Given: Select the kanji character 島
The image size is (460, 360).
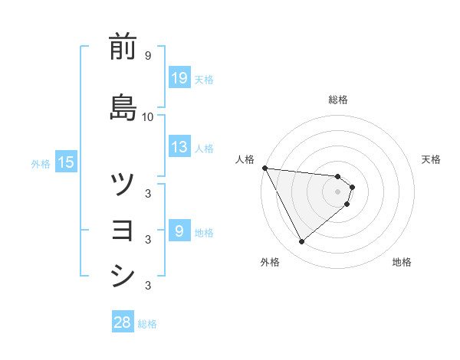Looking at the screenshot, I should click(123, 106).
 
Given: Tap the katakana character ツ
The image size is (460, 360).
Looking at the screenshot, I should click(123, 184).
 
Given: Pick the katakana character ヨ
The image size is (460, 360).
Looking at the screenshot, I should click(123, 230).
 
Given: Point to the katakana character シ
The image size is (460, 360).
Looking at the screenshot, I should click(123, 276).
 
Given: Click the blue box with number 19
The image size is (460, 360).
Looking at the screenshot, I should click(179, 77).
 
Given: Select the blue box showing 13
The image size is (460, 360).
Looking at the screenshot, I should click(179, 147).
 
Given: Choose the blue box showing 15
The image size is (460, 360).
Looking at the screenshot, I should click(65, 162).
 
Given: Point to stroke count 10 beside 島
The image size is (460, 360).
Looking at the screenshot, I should click(147, 116).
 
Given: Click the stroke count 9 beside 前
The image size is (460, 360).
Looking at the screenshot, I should click(147, 57).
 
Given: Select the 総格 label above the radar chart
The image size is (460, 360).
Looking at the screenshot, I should click(338, 100).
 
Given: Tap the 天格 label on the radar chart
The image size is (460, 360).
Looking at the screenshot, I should click(432, 159).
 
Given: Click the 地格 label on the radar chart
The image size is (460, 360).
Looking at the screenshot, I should click(402, 262).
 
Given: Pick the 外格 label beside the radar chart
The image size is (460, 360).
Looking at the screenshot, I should click(270, 262).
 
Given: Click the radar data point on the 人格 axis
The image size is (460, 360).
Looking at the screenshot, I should click(264, 168).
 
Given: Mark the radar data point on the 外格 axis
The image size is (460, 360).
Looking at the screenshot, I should click(301, 242).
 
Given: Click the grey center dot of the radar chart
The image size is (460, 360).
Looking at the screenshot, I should click(338, 191).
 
